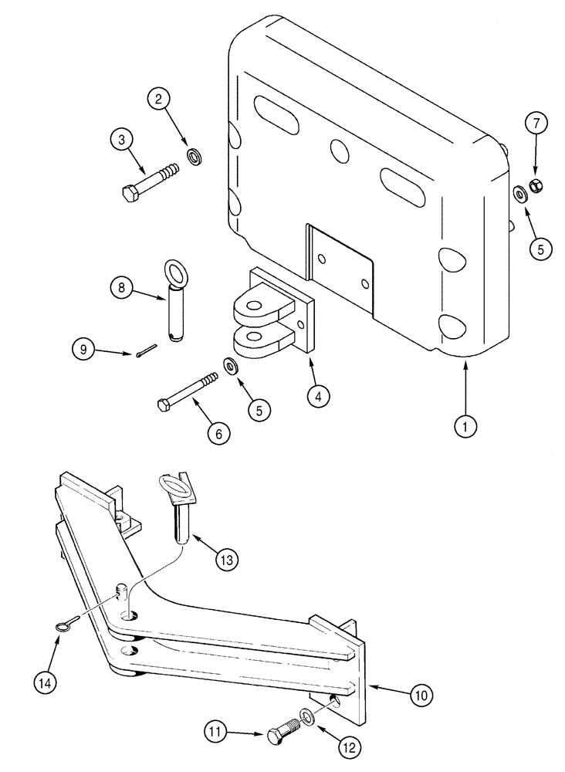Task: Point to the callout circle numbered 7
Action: (537, 123)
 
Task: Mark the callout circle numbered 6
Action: (219, 435)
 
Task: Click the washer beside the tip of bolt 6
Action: (231, 364)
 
